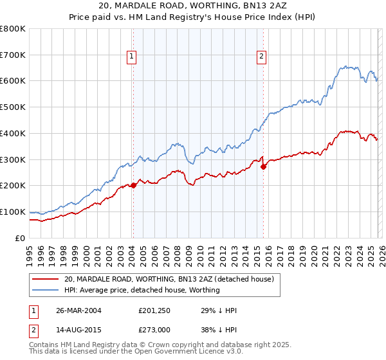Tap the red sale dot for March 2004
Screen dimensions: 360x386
133,185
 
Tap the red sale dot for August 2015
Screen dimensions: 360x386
263,166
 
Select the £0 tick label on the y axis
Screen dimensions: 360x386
20,238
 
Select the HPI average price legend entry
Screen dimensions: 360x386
142,290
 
